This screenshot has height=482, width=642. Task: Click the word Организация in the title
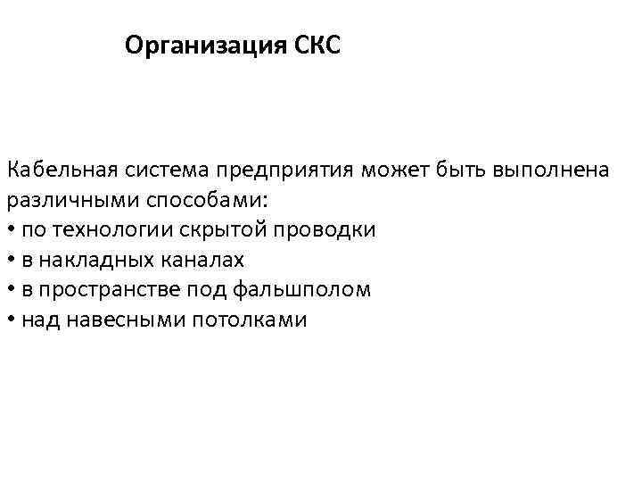pos(204,45)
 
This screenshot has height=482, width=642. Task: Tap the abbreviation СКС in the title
pos(317,45)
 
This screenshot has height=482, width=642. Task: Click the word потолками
pos(250,320)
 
